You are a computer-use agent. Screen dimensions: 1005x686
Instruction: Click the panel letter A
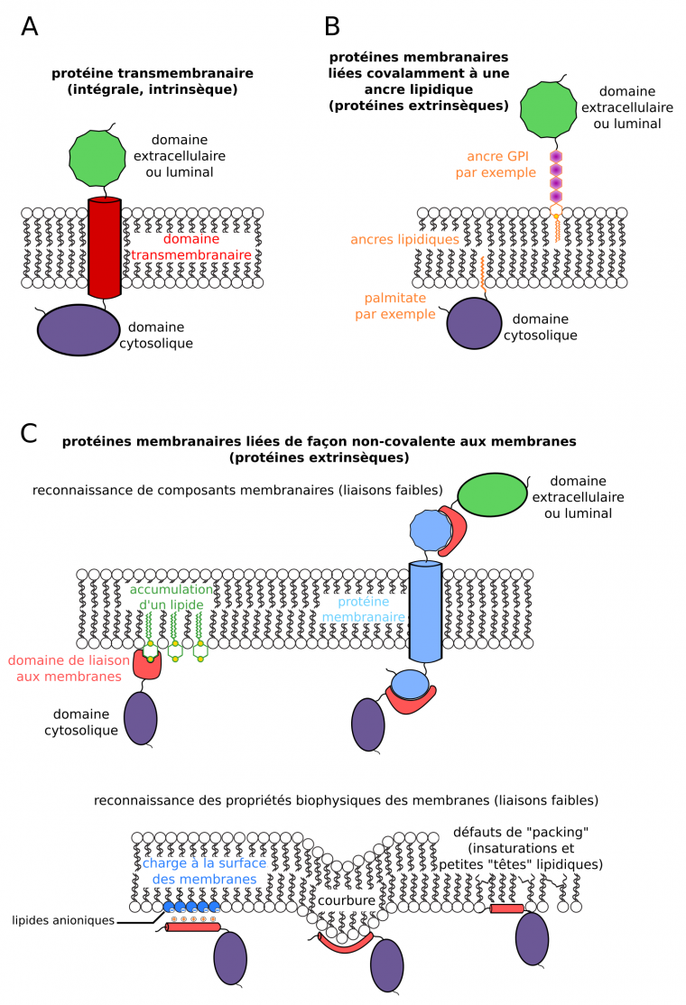click(x=30, y=27)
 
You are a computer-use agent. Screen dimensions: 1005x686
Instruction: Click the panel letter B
click(x=332, y=27)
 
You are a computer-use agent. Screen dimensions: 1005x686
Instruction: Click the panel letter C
click(x=30, y=433)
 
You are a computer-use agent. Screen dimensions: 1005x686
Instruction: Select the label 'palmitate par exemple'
click(x=400, y=306)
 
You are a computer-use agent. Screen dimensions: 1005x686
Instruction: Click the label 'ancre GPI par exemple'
click(x=495, y=163)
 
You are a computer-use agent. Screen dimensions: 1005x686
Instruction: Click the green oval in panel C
click(x=492, y=497)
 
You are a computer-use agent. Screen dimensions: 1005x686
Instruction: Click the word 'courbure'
click(x=348, y=901)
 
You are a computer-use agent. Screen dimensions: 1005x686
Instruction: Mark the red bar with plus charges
click(x=190, y=927)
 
